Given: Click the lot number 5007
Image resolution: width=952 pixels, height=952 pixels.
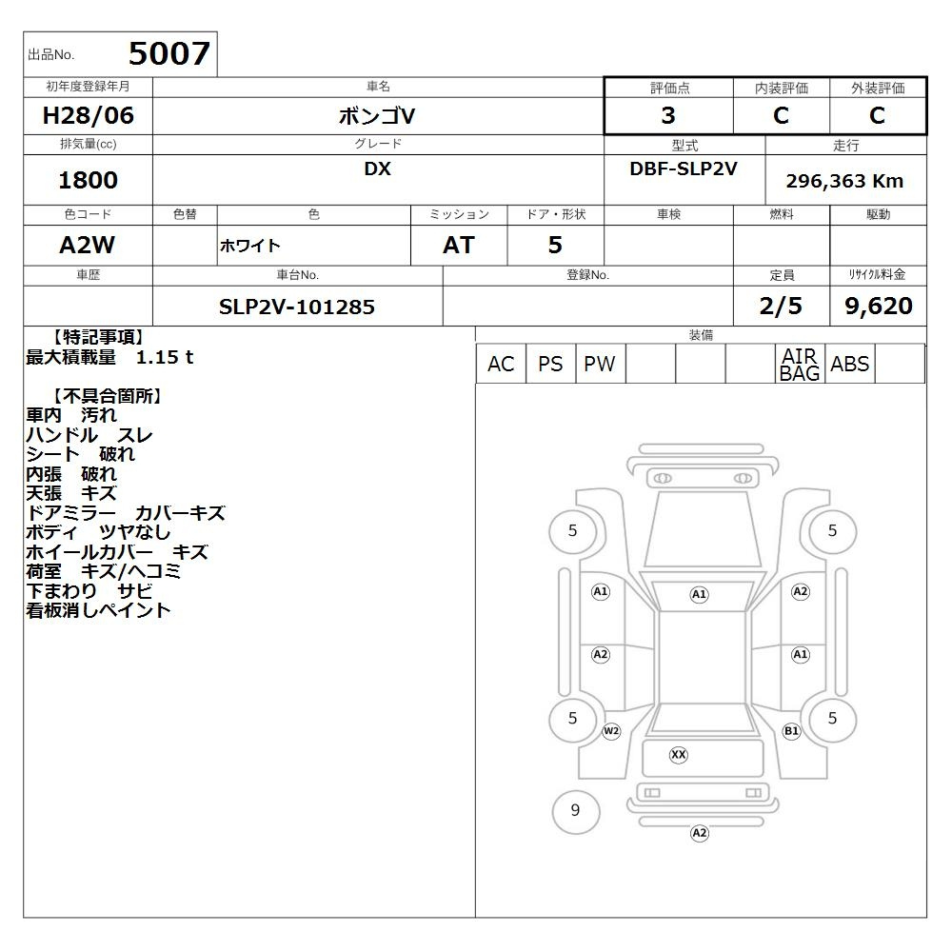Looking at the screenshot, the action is tap(169, 53).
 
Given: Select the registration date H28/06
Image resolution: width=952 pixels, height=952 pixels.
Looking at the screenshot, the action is tap(88, 115).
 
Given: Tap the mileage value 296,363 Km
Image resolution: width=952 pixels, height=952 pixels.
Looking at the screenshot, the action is tap(844, 181).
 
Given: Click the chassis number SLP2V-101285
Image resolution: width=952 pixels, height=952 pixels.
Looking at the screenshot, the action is tap(297, 307).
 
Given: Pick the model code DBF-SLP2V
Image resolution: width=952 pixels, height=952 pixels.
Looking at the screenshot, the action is tap(684, 169).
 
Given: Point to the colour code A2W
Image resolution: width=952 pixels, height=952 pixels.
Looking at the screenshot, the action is tap(88, 245).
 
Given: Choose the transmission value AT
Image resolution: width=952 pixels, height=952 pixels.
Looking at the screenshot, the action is tap(459, 245).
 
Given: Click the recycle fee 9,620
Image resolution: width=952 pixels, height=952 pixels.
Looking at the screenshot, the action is tap(879, 306).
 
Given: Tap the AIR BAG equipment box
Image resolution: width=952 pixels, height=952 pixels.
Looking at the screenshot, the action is tap(800, 364).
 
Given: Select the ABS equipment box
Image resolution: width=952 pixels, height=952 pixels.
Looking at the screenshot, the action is tap(849, 364).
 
